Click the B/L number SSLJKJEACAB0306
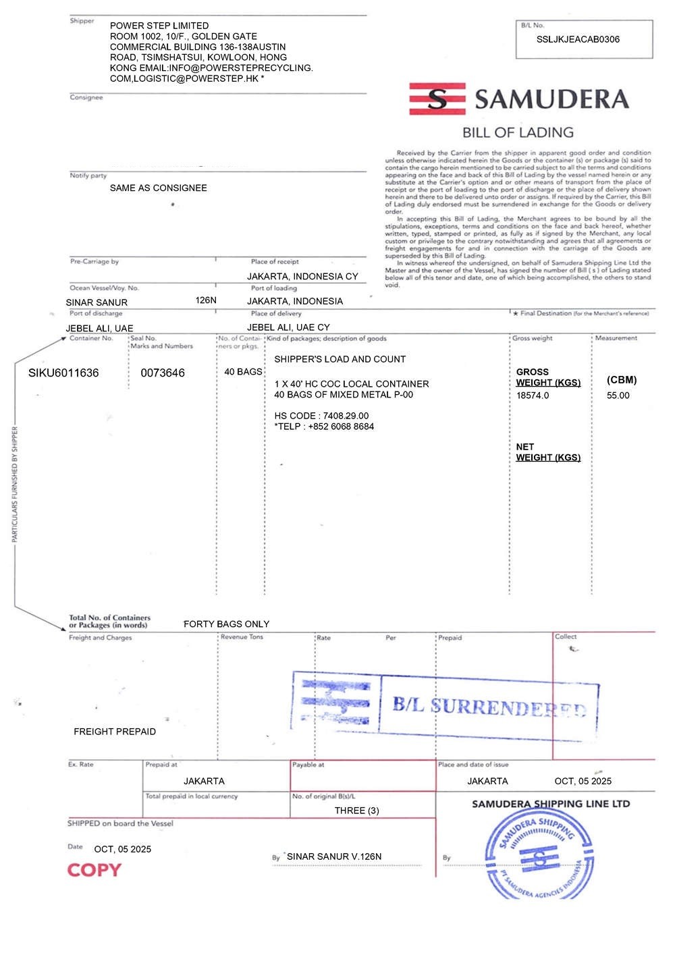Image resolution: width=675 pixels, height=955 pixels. click(x=578, y=39)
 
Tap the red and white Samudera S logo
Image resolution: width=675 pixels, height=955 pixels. click(x=437, y=99)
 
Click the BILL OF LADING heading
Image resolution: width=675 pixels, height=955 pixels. click(x=518, y=132)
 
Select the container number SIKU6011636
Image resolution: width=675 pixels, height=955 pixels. click(x=63, y=373)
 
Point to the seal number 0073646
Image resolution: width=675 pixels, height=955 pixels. click(x=163, y=373)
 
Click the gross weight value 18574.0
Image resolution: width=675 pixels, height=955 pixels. click(x=533, y=395)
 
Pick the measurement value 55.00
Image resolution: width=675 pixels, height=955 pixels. click(x=618, y=395)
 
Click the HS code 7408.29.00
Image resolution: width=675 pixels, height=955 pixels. click(x=346, y=416)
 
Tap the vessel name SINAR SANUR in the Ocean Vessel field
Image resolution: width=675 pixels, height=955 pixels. click(x=97, y=302)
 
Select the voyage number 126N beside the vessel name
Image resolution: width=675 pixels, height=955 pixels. click(x=206, y=300)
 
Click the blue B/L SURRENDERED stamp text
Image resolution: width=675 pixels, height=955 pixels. click(x=489, y=707)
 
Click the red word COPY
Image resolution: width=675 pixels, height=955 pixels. click(x=94, y=870)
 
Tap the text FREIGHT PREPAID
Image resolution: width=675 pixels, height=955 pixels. click(x=115, y=732)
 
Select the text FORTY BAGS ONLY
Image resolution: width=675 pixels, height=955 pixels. click(x=226, y=624)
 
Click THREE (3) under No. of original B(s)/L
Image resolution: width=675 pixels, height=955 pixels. click(x=356, y=811)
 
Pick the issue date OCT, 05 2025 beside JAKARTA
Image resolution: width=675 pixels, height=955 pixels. click(x=583, y=781)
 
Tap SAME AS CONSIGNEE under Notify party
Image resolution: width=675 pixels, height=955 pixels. click(x=159, y=188)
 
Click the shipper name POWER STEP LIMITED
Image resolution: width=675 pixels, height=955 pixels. click(x=159, y=26)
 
